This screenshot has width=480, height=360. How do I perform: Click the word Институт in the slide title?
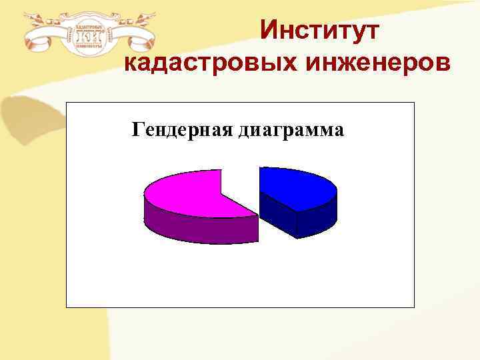[x=319, y=31]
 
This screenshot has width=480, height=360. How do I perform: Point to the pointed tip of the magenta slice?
[x=257, y=215]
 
